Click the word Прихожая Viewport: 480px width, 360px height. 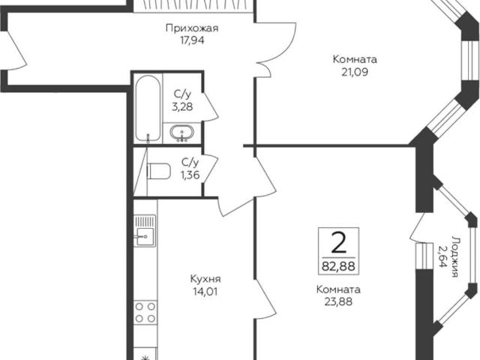pyautogui.click(x=192, y=28)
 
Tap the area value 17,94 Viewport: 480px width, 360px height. pyautogui.click(x=192, y=40)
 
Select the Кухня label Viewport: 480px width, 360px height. pyautogui.click(x=205, y=279)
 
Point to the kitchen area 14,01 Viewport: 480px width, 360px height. pyautogui.click(x=205, y=292)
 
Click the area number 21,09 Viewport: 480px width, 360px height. pyautogui.click(x=355, y=72)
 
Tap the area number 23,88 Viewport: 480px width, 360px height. pyautogui.click(x=338, y=301)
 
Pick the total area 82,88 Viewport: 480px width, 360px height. pyautogui.click(x=338, y=266)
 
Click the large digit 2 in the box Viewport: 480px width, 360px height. pyautogui.click(x=338, y=242)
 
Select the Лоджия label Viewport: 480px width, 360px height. pyautogui.click(x=454, y=256)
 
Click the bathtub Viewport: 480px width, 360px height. pyautogui.click(x=148, y=108)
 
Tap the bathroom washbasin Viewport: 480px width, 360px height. pyautogui.click(x=181, y=133)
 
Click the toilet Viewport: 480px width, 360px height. pyautogui.click(x=158, y=171)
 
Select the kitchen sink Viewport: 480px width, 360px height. pyautogui.click(x=145, y=230)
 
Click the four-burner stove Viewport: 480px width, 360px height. pyautogui.click(x=145, y=313)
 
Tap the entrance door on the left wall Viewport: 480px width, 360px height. pyautogui.click(x=15, y=50)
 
